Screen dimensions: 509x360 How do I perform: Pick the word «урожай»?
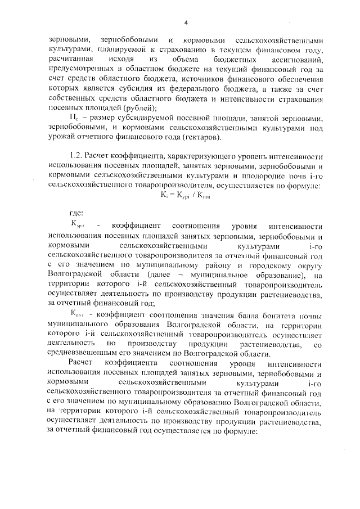pos(61,138)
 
